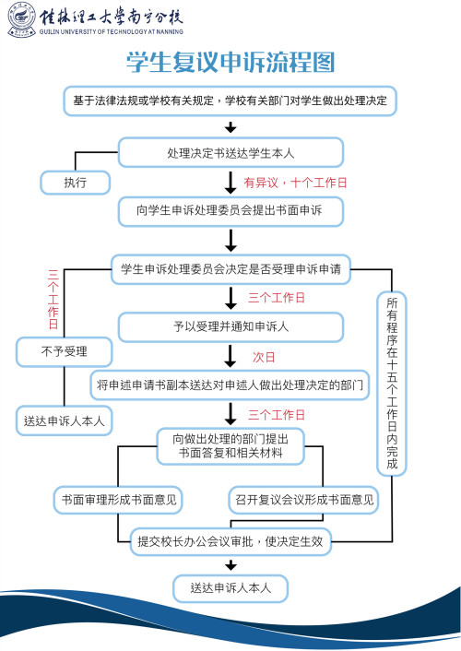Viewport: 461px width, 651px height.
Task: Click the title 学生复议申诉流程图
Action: coord(230,62)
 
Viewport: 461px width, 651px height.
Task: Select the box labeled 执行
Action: coord(75,182)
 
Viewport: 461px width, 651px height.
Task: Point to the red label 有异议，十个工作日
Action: coord(295,183)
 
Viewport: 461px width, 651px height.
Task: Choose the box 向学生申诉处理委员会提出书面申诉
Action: coord(230,211)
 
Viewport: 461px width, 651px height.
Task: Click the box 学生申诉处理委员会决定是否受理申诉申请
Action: coord(230,270)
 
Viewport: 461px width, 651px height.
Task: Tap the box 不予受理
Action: coord(63,351)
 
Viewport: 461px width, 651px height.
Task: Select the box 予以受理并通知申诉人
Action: coord(230,325)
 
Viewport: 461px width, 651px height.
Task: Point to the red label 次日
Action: coord(265,356)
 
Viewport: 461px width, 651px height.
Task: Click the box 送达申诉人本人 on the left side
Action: coord(63,420)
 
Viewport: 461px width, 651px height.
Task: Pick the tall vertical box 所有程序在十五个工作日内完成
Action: coord(392,383)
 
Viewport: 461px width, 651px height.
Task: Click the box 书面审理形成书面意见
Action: coord(117,500)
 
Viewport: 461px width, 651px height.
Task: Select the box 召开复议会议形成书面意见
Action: coord(303,500)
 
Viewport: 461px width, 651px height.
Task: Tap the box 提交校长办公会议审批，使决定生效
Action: coord(230,542)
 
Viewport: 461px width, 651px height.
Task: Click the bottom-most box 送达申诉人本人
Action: coord(230,587)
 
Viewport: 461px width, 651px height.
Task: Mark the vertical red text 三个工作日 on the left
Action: coord(53,300)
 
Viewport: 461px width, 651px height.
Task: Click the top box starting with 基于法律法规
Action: coord(230,100)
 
